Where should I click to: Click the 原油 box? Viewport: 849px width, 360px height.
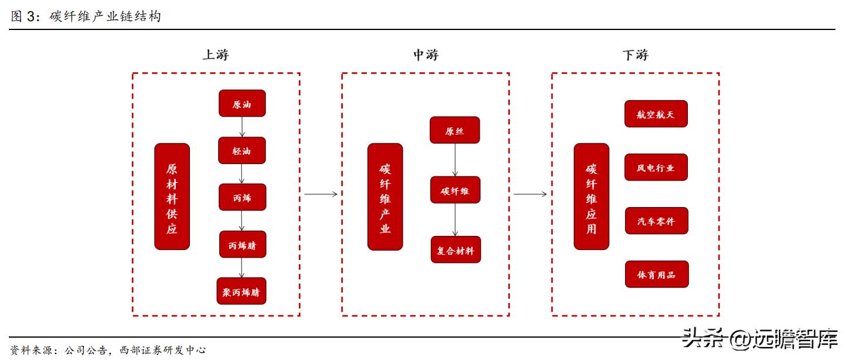(242, 104)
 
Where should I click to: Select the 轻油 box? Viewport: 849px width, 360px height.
(242, 151)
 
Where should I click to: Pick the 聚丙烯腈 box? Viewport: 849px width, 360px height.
(241, 291)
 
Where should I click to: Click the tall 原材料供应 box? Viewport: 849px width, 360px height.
(172, 196)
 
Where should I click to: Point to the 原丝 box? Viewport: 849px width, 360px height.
(454, 130)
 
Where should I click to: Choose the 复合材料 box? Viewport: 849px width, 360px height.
(455, 249)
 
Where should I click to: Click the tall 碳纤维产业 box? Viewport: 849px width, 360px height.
(385, 196)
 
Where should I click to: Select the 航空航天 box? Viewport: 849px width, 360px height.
(656, 114)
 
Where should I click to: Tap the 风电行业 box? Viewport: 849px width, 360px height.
(656, 167)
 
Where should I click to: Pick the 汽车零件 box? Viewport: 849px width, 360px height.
(656, 221)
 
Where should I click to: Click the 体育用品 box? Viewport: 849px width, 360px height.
(656, 274)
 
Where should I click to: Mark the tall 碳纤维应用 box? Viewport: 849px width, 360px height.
(591, 196)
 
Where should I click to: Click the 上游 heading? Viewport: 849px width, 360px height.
(215, 55)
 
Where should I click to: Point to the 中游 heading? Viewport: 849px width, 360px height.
(425, 55)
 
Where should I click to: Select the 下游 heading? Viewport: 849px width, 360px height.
(635, 55)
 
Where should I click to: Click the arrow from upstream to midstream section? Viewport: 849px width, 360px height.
(320, 194)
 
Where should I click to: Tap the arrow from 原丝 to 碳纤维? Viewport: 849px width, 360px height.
(454, 159)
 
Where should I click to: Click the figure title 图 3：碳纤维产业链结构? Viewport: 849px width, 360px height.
(86, 16)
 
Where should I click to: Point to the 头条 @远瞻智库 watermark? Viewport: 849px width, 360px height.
(759, 339)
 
